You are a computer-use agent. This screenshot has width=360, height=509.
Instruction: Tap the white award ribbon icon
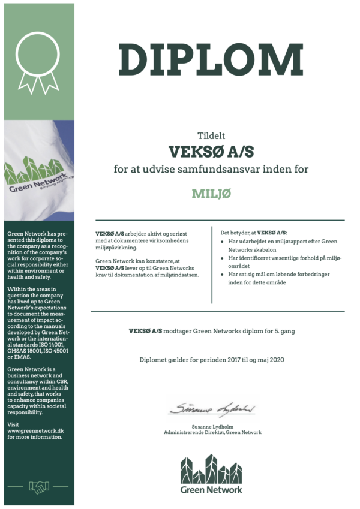37,58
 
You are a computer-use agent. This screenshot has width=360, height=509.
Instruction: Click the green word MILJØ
211,194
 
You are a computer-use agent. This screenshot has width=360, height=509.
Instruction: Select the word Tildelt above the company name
211,135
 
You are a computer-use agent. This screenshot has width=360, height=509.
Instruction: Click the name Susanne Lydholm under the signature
212,426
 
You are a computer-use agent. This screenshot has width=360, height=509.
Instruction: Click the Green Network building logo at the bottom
211,473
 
